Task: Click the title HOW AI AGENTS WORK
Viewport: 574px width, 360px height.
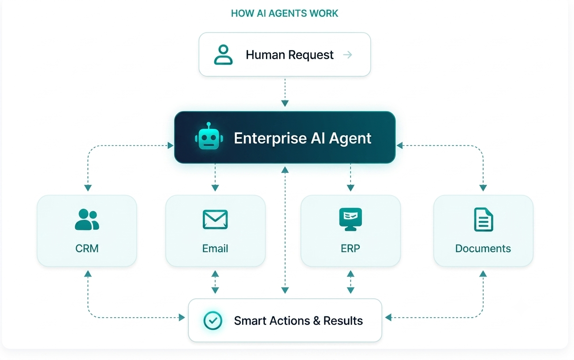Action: coord(284,13)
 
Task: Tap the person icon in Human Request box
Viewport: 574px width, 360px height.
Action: coord(223,55)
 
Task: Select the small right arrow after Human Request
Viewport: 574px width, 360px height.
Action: coord(347,55)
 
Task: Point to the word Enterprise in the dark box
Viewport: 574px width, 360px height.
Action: coord(270,139)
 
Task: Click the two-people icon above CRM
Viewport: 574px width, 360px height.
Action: coord(87,220)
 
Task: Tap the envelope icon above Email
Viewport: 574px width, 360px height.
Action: coord(215,220)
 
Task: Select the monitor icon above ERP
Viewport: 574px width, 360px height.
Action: coord(350,219)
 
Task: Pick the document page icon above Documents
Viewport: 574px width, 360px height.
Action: coord(484,220)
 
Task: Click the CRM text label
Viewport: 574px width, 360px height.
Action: coord(87,248)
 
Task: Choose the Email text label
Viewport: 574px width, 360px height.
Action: coord(215,248)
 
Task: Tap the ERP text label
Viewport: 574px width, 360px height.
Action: coord(350,248)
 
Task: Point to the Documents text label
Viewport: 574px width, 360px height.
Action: coord(483,248)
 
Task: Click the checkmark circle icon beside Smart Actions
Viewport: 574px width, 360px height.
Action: coord(212,320)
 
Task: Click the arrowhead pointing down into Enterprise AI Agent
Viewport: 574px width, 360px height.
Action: coord(285,103)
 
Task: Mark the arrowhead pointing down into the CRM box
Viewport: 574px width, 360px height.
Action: coord(88,188)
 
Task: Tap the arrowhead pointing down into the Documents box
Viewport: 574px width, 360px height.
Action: coord(483,188)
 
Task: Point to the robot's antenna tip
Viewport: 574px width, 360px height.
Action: coord(209,124)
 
